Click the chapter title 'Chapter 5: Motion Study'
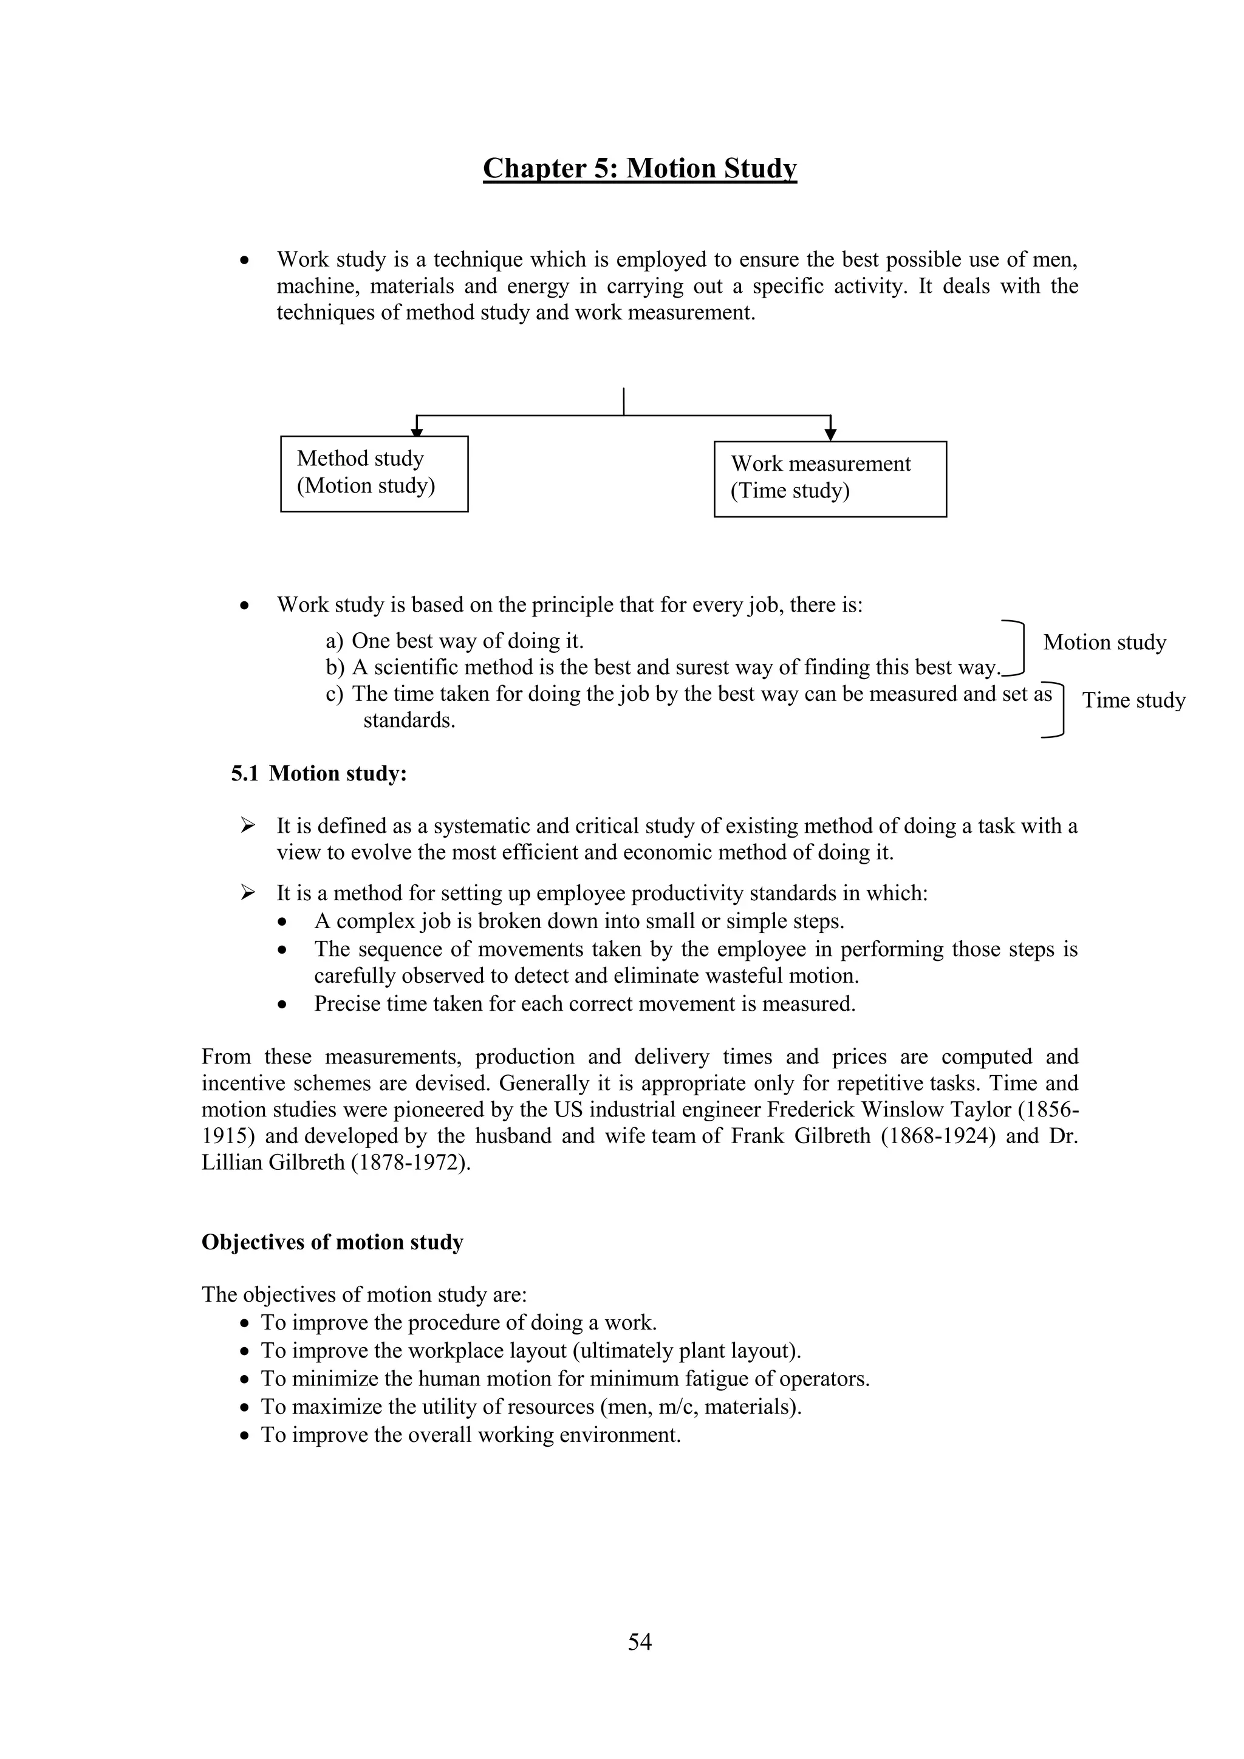(640, 168)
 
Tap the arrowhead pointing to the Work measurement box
(830, 434)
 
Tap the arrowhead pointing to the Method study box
(417, 431)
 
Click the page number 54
(640, 1642)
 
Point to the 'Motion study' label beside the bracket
(1104, 642)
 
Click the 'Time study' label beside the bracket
(1133, 700)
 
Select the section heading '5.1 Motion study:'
(319, 774)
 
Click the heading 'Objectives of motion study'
(332, 1242)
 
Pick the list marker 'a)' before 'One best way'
(334, 641)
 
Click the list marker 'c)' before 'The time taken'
(334, 694)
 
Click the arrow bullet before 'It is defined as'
(247, 826)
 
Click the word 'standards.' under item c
(409, 721)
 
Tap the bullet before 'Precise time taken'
(284, 1005)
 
